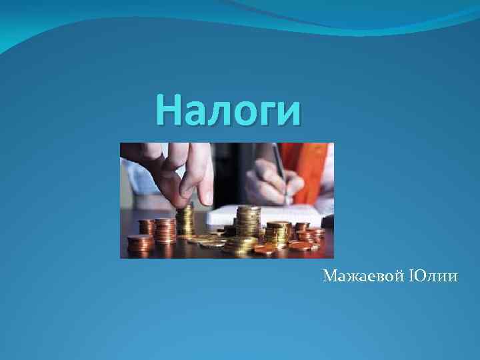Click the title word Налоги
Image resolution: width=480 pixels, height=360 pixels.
tap(229, 110)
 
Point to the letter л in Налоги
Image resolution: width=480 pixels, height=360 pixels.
tap(205, 113)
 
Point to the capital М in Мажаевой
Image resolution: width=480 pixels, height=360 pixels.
tap(329, 276)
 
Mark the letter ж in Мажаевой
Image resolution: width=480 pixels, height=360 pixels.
tap(349, 277)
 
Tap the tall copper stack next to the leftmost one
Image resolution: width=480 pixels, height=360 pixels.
tap(164, 231)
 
